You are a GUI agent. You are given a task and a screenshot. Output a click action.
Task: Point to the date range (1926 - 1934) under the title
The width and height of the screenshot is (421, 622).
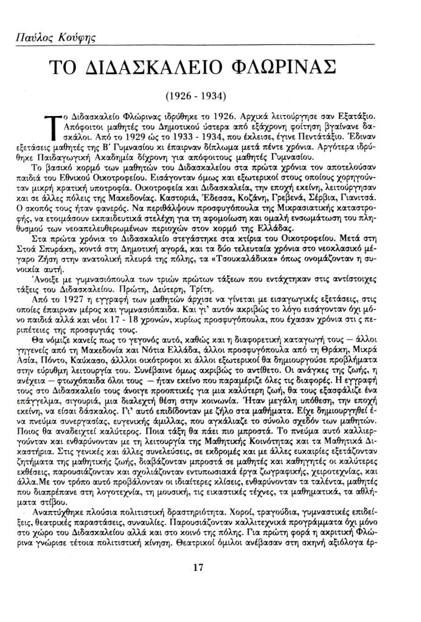[x=196, y=97]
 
